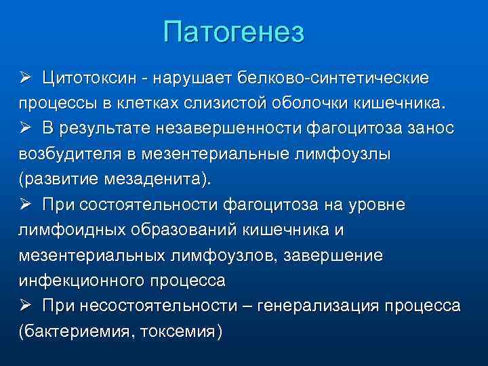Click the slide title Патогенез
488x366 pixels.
[x=234, y=32]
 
